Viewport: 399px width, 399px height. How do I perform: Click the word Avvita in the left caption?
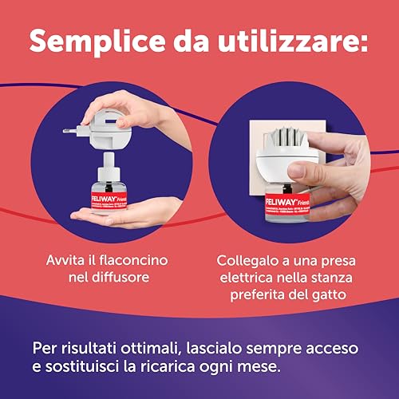(x=68, y=260)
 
